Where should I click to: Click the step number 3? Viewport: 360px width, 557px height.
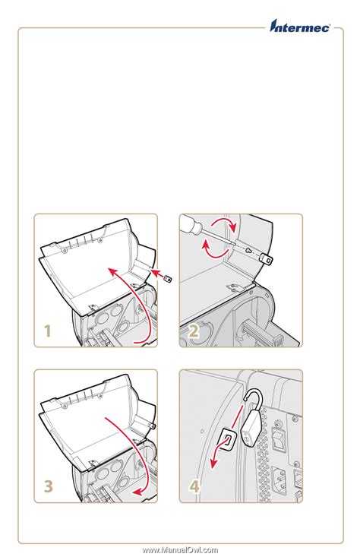(x=47, y=486)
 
